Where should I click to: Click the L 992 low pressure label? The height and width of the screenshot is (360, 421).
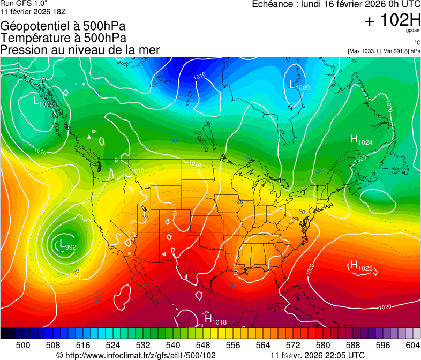click(67, 246)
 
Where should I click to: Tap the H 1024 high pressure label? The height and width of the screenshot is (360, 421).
click(362, 140)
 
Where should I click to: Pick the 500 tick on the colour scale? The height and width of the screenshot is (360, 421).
click(23, 345)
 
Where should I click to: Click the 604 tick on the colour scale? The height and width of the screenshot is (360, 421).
click(413, 345)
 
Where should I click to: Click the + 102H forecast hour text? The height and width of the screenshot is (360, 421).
click(392, 20)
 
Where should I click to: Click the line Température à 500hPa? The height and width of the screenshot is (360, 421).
click(63, 38)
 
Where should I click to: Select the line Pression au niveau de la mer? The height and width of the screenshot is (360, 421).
click(80, 50)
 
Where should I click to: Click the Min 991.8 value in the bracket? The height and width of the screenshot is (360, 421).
click(395, 51)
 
